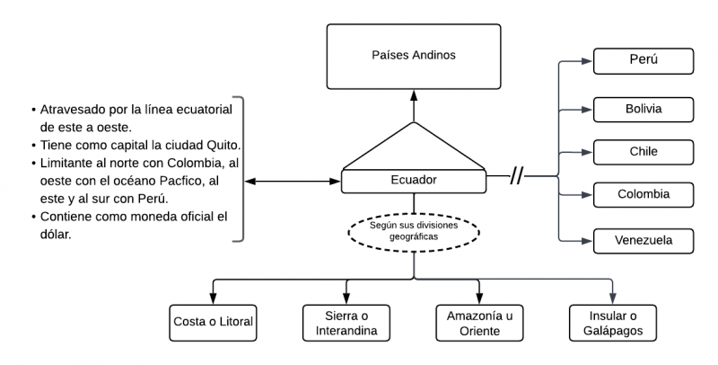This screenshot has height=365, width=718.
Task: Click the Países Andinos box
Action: coord(413,56)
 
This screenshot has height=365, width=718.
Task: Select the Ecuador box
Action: coord(414,180)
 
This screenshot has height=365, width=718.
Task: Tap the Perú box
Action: coord(644,61)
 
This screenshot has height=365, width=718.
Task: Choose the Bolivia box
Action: coord(644,109)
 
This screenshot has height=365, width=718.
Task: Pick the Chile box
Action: coord(644,151)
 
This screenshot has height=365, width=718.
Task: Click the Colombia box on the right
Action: coord(644,193)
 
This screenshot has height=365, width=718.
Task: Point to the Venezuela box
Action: coord(644,240)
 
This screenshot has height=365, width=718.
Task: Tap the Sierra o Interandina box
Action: coord(346,322)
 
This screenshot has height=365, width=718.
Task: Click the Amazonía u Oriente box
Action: coord(479,322)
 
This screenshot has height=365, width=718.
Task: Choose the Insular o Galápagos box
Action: coord(612,322)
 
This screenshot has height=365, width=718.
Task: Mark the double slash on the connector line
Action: coord(517,176)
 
